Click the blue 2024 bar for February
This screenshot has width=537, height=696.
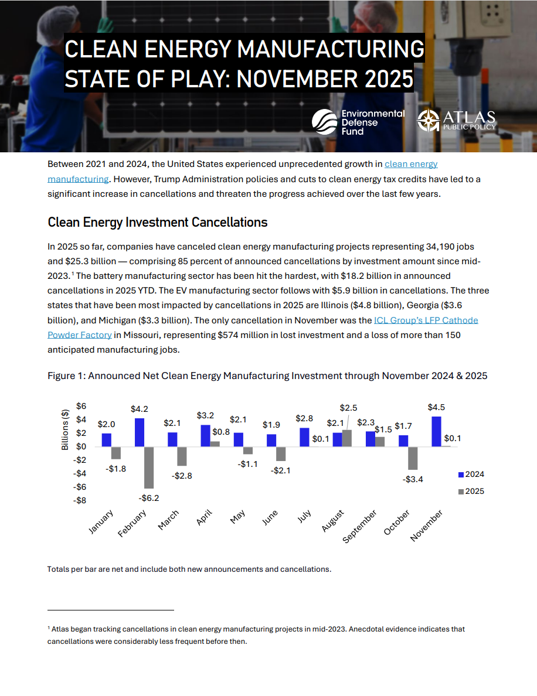pyautogui.click(x=140, y=432)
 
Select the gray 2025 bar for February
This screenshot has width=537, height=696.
pyautogui.click(x=149, y=467)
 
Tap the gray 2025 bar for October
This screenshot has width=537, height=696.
pyautogui.click(x=413, y=458)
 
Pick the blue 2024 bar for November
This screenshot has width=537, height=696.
pyautogui.click(x=436, y=431)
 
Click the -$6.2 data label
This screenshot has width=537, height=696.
pyautogui.click(x=149, y=498)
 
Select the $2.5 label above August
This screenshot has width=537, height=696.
pyautogui.click(x=348, y=408)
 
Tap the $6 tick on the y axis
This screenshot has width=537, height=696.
pyautogui.click(x=81, y=406)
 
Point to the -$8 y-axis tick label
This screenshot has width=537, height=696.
pyautogui.click(x=80, y=500)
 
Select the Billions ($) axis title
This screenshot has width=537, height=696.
pyautogui.click(x=65, y=429)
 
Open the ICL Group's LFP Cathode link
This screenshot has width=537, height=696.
pyautogui.click(x=426, y=320)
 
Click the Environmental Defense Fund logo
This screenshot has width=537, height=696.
pyautogui.click(x=358, y=122)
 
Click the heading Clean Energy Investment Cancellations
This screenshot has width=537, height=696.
pyautogui.click(x=157, y=223)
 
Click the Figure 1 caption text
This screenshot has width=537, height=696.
pyautogui.click(x=267, y=376)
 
